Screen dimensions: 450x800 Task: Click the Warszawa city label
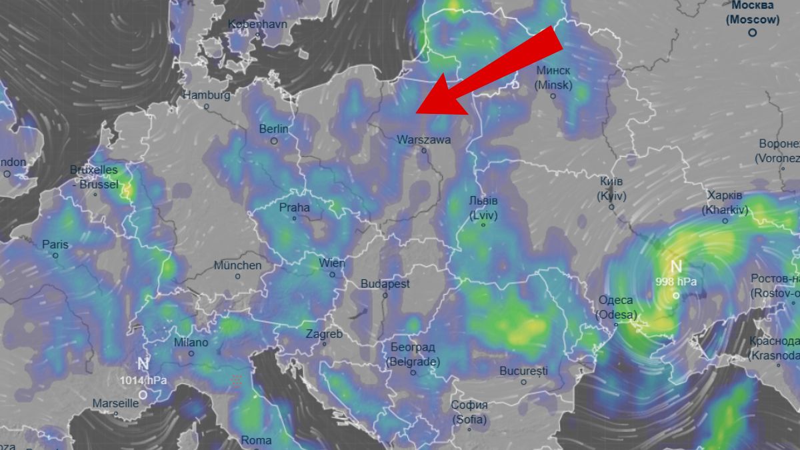423,140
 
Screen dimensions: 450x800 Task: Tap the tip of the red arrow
417,111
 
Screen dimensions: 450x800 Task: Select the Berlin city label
274,129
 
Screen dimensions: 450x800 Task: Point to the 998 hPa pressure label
676,281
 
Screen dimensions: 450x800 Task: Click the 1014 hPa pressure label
143,381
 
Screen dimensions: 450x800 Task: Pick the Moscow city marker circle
753,32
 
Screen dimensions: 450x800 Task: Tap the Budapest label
385,284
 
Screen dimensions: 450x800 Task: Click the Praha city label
294,207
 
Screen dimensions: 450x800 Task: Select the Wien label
332,263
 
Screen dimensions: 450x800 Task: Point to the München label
237,265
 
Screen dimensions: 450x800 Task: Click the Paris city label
55,245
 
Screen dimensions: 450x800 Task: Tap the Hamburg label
206,95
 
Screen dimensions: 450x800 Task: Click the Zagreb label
324,334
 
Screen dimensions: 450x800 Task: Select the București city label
523,370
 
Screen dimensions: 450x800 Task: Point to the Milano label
191,343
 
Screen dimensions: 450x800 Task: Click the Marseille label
115,403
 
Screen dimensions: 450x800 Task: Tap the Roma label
256,440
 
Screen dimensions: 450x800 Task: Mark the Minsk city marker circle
553,96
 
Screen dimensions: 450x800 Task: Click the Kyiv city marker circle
611,207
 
